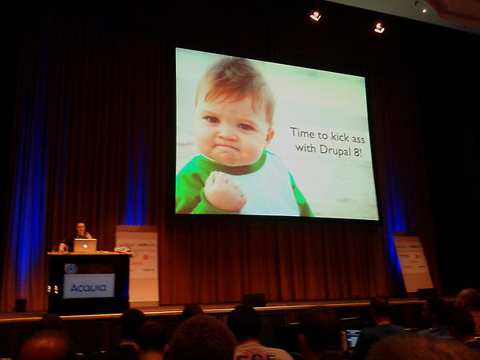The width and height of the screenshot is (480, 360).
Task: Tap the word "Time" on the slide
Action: [x=302, y=133]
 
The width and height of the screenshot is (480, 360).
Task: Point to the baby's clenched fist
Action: [x=226, y=191]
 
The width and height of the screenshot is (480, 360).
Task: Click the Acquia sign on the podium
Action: [x=88, y=286]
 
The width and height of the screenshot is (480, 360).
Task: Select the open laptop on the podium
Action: [x=85, y=245]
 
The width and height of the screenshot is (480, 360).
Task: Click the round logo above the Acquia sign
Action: [x=70, y=269]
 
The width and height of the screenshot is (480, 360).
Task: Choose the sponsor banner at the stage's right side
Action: [x=412, y=262]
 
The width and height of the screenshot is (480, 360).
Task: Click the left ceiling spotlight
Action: [x=315, y=15]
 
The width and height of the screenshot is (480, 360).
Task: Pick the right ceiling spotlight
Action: [x=379, y=27]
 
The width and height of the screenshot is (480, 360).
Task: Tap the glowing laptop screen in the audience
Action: [x=353, y=337]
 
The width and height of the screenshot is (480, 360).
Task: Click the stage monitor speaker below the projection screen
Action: [x=254, y=299]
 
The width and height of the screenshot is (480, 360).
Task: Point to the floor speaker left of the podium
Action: [x=21, y=305]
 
